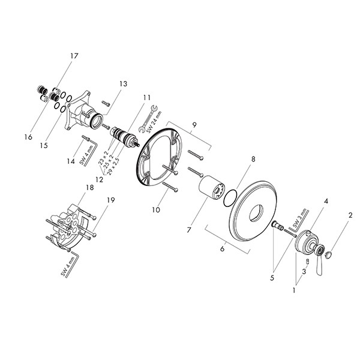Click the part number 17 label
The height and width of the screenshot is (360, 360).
coord(74,56)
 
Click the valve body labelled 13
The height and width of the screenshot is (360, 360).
coord(92,113)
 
